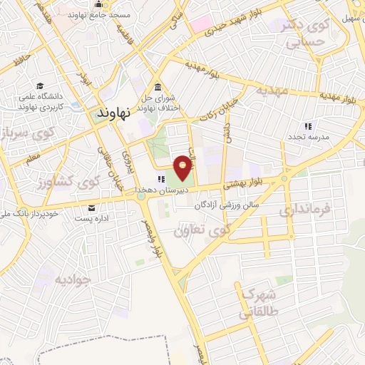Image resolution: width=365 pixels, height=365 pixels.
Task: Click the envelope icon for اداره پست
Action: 91,208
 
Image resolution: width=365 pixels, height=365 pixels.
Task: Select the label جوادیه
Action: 73,279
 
